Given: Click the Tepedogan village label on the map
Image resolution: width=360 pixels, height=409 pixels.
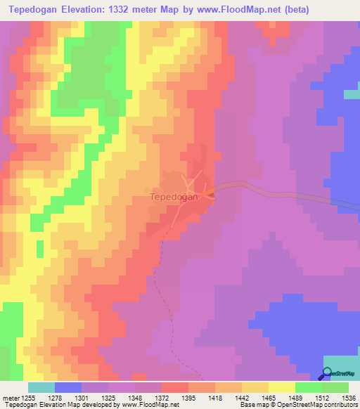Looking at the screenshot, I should [x=173, y=197].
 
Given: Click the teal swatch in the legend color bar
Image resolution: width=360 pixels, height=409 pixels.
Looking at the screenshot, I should [x=41, y=387].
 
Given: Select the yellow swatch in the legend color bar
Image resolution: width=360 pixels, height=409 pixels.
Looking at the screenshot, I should [x=281, y=387].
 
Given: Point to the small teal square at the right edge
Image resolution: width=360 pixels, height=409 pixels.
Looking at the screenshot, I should [x=352, y=94].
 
